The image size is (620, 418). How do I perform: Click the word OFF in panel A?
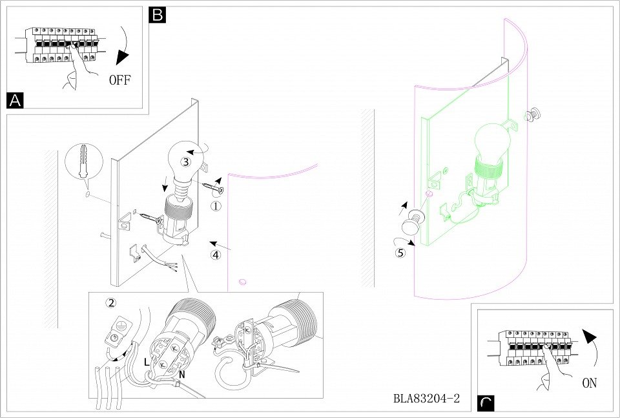click(120, 81)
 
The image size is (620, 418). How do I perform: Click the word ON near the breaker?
click(589, 383)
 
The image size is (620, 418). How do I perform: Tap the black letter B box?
click(157, 15)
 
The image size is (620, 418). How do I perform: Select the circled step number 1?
click(216, 207)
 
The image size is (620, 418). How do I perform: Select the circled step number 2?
click(112, 302)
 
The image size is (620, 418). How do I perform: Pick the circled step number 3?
click(185, 161)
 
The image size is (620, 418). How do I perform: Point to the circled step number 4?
click(216, 255)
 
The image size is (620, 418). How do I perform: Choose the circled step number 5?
click(400, 253)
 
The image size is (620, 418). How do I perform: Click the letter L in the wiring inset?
click(147, 363)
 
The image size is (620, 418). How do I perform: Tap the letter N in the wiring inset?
click(181, 373)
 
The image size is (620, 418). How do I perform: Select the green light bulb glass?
click(492, 140)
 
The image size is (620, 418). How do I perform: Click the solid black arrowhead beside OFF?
click(121, 57)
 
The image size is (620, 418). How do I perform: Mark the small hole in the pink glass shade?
click(243, 282)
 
